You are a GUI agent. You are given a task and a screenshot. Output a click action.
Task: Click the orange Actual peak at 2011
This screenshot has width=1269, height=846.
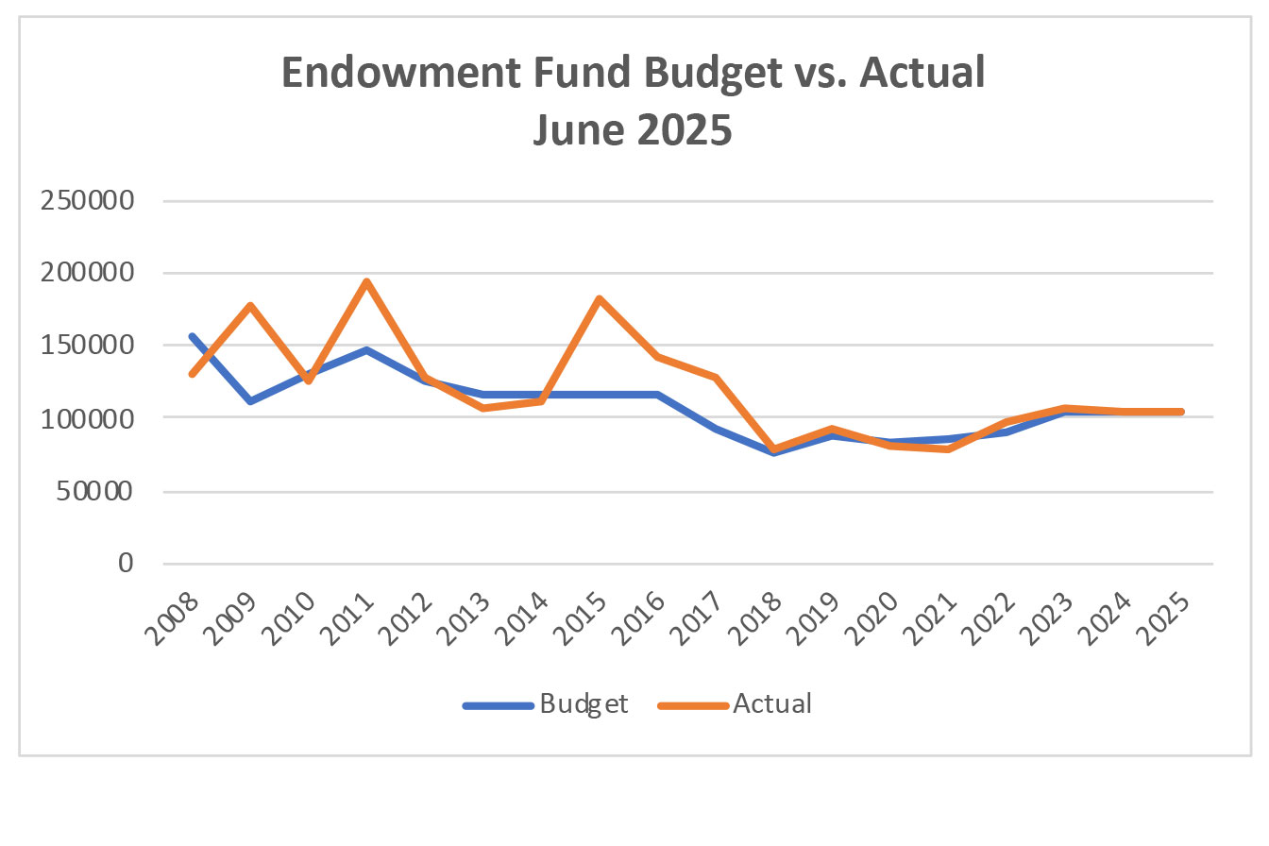click(366, 282)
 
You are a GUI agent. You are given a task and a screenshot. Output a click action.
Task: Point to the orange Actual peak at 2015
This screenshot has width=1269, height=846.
click(599, 299)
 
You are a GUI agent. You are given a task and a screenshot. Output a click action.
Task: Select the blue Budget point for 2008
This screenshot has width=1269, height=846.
click(193, 336)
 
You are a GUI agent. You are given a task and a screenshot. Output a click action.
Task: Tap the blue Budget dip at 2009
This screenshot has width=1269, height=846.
click(250, 401)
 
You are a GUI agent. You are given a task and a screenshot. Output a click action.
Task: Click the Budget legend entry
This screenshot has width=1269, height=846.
click(546, 704)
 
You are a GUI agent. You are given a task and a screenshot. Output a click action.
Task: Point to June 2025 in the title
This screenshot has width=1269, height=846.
click(633, 129)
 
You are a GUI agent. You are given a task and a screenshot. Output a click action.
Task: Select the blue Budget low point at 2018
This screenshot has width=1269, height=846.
click(773, 452)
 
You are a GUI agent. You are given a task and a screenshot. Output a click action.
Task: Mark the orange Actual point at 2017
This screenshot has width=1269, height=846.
click(716, 378)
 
